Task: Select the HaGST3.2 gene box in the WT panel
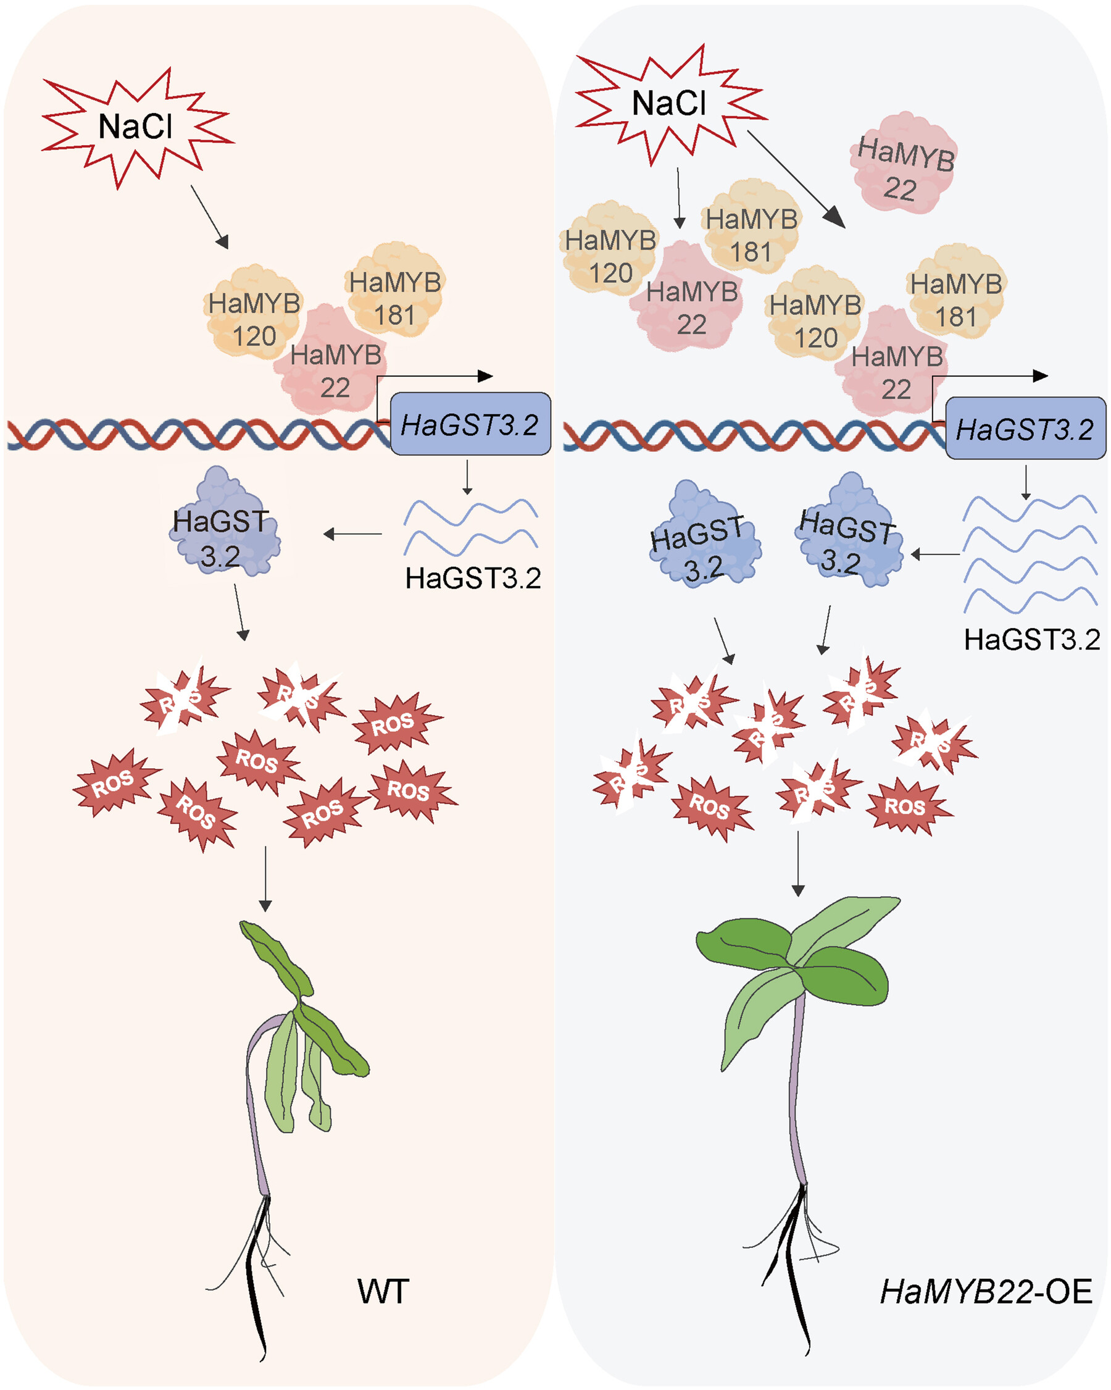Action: coord(470,424)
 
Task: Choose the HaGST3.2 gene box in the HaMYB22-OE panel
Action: coord(1025,428)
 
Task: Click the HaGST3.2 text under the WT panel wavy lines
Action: coord(473,579)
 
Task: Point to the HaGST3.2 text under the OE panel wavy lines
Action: coord(1032,640)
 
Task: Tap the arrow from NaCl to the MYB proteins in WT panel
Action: coord(209,217)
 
